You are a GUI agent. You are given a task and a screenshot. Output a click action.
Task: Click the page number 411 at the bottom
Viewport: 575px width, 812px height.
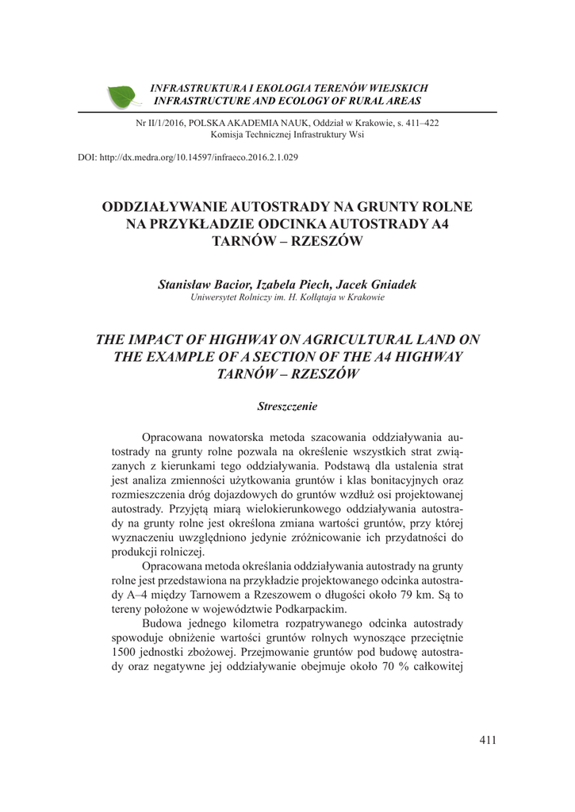[488, 741]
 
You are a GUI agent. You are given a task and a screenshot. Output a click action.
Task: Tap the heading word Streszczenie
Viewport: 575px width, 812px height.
[287, 406]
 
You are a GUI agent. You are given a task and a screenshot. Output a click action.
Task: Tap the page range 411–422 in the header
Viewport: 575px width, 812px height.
[415, 124]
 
